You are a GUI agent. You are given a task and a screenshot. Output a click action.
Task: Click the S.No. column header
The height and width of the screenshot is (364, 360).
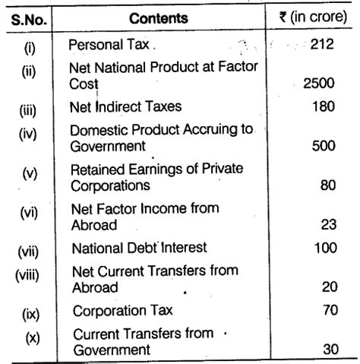(29, 17)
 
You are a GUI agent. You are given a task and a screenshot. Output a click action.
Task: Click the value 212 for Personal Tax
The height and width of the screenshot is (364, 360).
(322, 46)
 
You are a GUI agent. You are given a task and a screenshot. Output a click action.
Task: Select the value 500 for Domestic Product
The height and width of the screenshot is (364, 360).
(322, 145)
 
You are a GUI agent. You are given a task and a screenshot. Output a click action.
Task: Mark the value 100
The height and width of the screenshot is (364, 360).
(322, 248)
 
